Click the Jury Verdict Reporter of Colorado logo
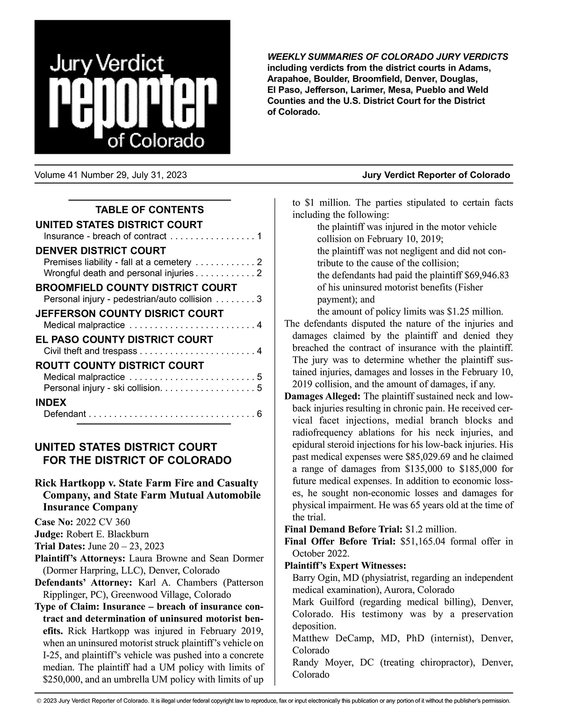click(x=132, y=87)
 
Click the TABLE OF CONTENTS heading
click(x=150, y=210)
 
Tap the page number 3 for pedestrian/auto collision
click(x=259, y=299)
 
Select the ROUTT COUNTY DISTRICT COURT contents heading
click(x=120, y=366)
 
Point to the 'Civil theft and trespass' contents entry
click(x=90, y=351)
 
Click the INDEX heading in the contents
click(x=51, y=403)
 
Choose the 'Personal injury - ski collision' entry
click(x=102, y=388)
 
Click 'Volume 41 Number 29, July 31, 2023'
click(x=110, y=175)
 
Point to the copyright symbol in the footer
click(x=39, y=701)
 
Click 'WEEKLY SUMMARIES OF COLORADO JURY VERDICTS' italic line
click(x=388, y=57)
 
